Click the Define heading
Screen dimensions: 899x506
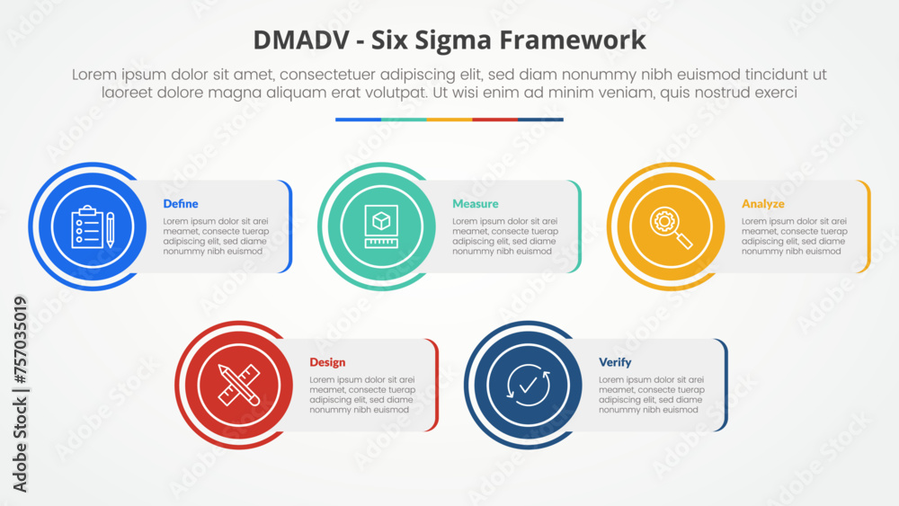(x=181, y=204)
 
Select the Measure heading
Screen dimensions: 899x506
(x=475, y=204)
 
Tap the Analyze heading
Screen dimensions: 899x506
(x=762, y=204)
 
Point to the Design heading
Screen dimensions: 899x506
(x=327, y=362)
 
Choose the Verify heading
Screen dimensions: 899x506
(x=615, y=362)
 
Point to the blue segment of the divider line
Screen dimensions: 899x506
(x=358, y=119)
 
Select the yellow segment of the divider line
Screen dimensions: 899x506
(x=449, y=119)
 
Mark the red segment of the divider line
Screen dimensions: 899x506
(x=495, y=119)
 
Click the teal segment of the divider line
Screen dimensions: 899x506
(x=404, y=119)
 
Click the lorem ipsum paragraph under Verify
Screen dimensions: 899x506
(x=649, y=395)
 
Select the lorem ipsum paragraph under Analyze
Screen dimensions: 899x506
(x=794, y=236)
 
